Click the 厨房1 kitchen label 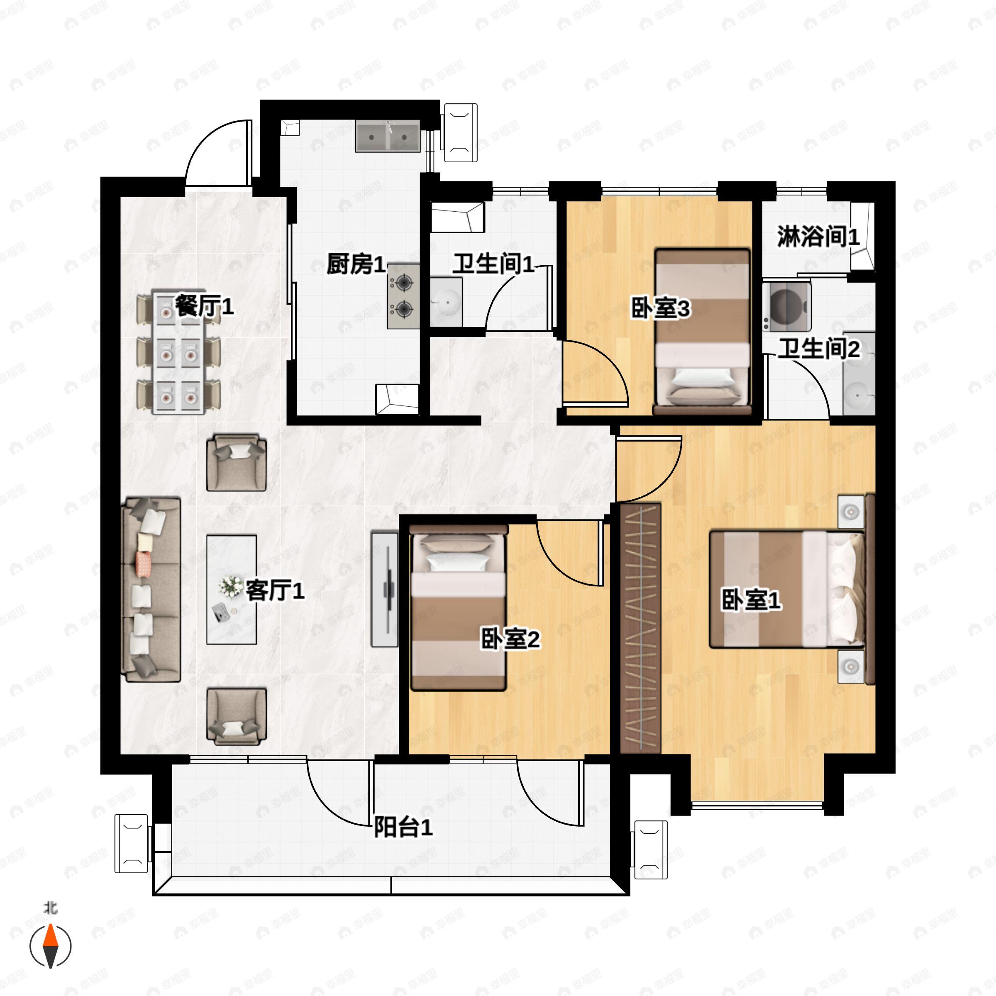click(356, 264)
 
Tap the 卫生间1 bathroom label click(493, 264)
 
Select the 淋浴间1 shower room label click(818, 237)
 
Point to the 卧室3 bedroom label click(660, 308)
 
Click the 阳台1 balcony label click(403, 828)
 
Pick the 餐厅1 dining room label click(204, 306)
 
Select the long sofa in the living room click(151, 589)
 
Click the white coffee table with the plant click(232, 589)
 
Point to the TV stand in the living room click(385, 589)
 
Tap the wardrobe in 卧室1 click(640, 628)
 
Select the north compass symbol click(50, 946)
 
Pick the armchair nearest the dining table click(237, 462)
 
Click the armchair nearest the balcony click(237, 717)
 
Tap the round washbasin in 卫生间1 click(446, 301)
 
